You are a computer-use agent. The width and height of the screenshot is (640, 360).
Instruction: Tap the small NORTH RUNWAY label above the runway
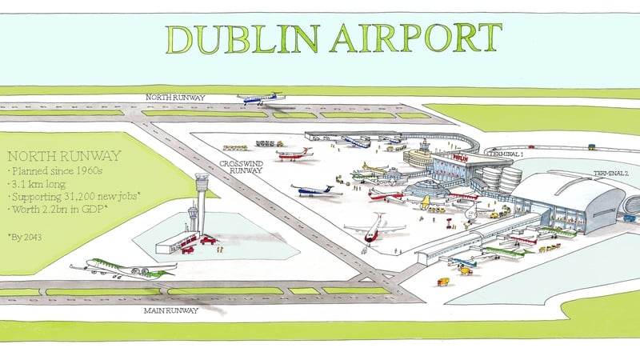coord(175,98)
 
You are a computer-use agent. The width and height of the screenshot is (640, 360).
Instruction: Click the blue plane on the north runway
coord(260,99)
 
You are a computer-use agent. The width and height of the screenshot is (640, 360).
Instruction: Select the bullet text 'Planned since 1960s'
coord(51,171)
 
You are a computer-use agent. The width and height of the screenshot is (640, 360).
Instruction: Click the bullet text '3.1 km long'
coord(35,184)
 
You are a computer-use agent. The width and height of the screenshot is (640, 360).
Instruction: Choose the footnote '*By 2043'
coord(26,238)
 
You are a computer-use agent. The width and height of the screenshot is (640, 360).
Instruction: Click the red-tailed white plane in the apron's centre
coord(373,228)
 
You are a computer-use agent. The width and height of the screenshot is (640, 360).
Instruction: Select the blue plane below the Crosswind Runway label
coord(316,190)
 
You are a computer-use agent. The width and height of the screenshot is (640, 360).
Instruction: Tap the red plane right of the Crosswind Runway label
coord(294,154)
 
